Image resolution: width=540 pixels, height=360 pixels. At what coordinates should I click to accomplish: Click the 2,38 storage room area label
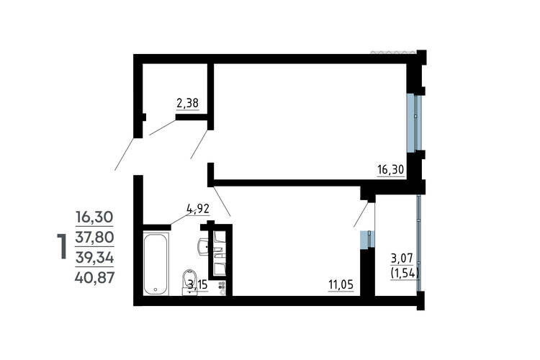187,103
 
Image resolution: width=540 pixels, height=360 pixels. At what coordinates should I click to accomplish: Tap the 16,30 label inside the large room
390,170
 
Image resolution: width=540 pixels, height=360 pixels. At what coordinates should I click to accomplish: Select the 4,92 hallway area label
198,209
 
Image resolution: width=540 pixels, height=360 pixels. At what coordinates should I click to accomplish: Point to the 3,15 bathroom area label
198,284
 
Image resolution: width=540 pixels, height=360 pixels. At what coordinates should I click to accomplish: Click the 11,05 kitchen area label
341,285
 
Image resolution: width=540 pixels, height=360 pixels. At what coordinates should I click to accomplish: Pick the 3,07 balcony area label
402,258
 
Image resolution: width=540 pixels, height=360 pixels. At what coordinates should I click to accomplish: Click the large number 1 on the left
61,246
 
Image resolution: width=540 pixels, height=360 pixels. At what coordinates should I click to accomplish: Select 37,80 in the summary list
94,237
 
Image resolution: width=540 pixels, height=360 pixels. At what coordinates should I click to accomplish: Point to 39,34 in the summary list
94,257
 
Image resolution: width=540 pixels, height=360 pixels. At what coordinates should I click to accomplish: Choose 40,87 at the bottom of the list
94,277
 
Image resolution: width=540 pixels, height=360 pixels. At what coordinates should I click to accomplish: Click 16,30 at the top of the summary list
94,217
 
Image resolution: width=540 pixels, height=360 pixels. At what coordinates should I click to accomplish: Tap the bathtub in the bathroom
156,264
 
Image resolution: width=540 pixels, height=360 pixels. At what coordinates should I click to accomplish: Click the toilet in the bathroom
190,282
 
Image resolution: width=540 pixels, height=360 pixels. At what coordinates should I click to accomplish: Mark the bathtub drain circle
156,289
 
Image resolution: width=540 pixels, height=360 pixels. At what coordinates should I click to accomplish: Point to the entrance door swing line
124,154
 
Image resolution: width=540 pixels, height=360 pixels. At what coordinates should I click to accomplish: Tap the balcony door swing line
361,215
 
